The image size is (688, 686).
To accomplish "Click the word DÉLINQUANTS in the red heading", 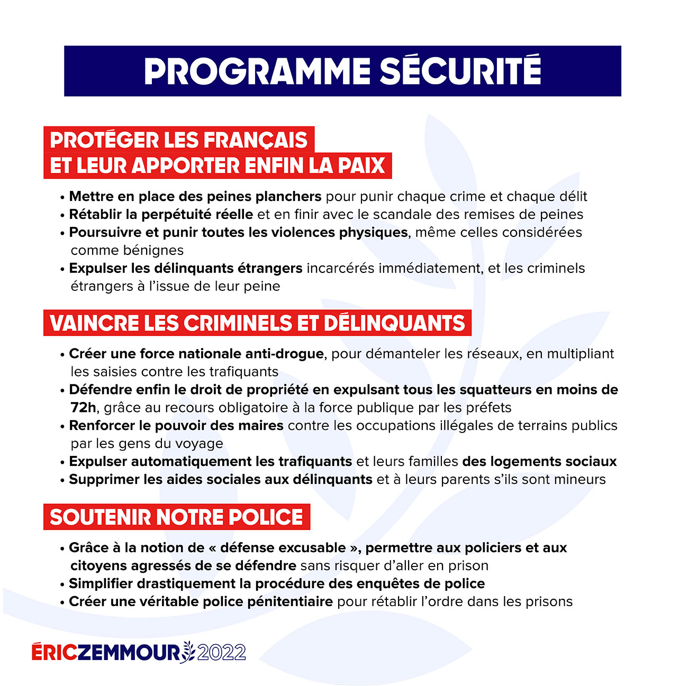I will (x=394, y=323).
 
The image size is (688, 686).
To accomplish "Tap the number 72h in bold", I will (x=83, y=408).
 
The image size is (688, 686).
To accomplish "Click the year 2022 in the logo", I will (x=221, y=652).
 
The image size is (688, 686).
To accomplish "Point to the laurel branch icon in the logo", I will (x=188, y=652).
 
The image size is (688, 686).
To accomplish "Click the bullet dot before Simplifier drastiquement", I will (x=62, y=584).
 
